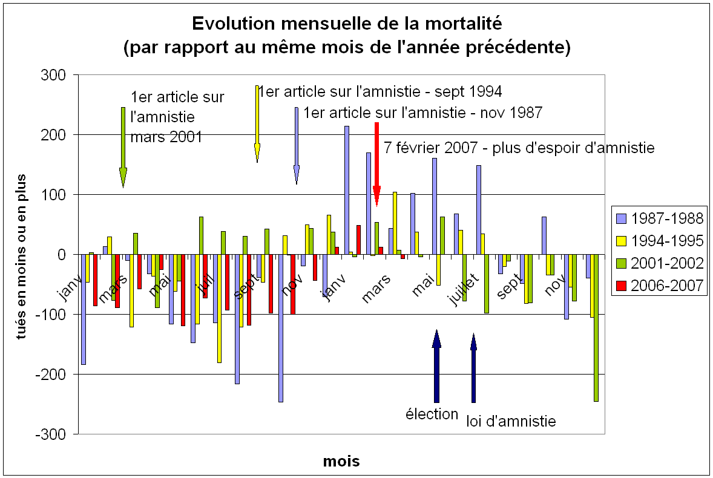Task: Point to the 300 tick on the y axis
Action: tap(53, 75)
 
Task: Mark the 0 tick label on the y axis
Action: tap(61, 255)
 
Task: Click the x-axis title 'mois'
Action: tap(341, 462)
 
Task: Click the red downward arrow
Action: tap(376, 163)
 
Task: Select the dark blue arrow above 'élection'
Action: tap(436, 366)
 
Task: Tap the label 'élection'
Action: tap(432, 414)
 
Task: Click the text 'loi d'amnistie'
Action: tap(511, 421)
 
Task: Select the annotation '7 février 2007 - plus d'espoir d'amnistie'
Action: tap(519, 148)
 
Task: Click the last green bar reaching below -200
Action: tap(596, 327)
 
